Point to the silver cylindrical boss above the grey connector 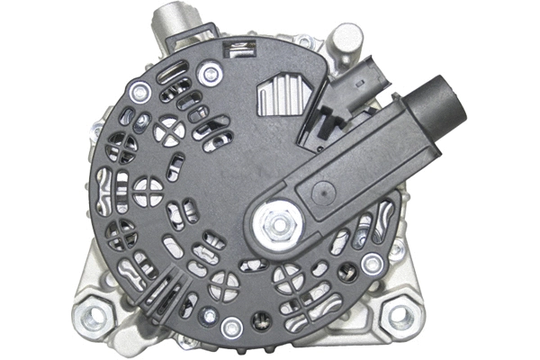click(343, 40)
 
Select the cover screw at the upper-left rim click(139, 91)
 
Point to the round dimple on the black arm click(321, 192)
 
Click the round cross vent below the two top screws click(167, 131)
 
